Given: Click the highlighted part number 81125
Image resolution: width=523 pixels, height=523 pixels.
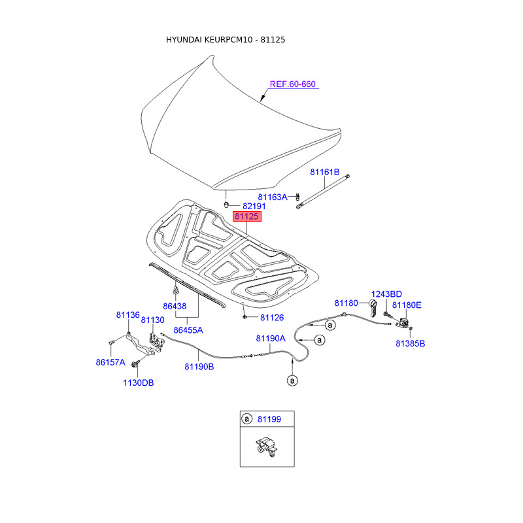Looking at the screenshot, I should pyautogui.click(x=247, y=216).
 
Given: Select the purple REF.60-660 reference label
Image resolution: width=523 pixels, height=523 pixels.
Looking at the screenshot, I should pyautogui.click(x=293, y=84).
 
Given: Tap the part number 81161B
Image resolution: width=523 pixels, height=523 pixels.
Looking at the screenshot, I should pyautogui.click(x=325, y=173).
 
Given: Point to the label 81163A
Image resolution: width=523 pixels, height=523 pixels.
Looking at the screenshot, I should pyautogui.click(x=272, y=197).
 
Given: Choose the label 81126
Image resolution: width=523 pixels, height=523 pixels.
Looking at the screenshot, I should pyautogui.click(x=272, y=318).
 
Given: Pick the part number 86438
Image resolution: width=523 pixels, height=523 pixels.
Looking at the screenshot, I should pyautogui.click(x=175, y=306).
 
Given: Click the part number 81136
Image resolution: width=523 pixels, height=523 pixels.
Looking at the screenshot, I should pyautogui.click(x=128, y=314).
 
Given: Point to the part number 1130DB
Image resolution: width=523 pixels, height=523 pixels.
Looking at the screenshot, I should pyautogui.click(x=139, y=382).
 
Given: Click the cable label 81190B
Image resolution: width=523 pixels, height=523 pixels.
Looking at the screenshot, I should pyautogui.click(x=199, y=367).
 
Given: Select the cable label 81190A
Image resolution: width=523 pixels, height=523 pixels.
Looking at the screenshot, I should pyautogui.click(x=271, y=339).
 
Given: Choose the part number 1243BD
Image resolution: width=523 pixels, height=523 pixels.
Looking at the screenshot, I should pyautogui.click(x=387, y=294).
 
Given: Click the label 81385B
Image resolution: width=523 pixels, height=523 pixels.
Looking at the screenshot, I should pyautogui.click(x=410, y=343).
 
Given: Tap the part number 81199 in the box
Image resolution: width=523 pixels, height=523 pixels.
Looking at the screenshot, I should pyautogui.click(x=271, y=418).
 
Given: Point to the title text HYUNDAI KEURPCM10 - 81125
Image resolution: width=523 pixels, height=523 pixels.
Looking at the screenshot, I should pyautogui.click(x=226, y=40).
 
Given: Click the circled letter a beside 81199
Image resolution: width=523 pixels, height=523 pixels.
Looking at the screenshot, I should pyautogui.click(x=246, y=418).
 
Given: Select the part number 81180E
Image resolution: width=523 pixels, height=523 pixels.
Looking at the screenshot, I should pyautogui.click(x=407, y=305).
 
